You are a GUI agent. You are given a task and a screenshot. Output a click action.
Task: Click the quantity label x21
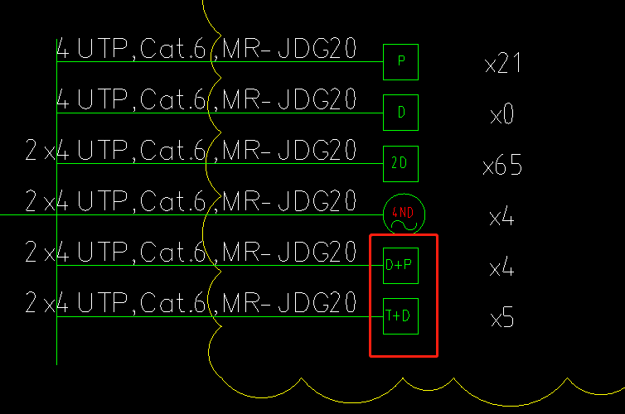[502, 63]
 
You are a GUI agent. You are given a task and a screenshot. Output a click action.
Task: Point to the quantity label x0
[501, 114]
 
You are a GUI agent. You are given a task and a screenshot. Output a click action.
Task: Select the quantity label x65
[502, 165]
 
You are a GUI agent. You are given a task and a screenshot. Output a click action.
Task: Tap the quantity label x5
[501, 317]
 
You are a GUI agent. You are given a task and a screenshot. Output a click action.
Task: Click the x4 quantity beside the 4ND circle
[501, 216]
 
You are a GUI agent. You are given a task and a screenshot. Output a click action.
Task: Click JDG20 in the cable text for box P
[317, 48]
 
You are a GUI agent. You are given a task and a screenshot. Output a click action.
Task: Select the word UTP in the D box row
[103, 99]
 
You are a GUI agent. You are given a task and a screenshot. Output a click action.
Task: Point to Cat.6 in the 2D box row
[172, 150]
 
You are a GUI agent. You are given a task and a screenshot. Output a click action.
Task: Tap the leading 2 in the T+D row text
[31, 303]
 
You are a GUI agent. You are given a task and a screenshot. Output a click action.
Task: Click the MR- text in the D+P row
[246, 252]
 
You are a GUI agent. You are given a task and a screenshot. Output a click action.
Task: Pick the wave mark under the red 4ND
[405, 226]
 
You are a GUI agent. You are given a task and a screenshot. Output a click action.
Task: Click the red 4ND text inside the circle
[403, 212]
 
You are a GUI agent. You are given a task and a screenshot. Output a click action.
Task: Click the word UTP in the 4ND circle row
[103, 201]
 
